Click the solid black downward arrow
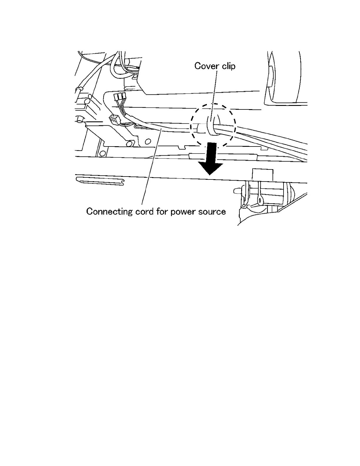click(210, 159)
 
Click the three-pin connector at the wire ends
click(119, 96)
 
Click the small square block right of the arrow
click(263, 175)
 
